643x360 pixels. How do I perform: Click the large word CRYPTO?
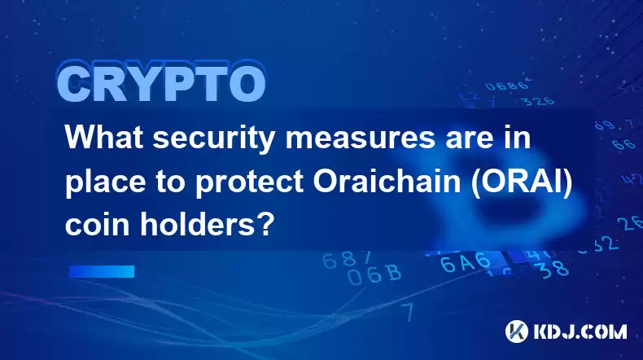(x=161, y=83)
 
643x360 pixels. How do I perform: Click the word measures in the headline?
(x=361, y=138)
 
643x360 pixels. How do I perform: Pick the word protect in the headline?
(x=249, y=184)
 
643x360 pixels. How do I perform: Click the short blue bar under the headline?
(x=102, y=271)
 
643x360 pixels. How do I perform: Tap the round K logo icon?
(x=516, y=331)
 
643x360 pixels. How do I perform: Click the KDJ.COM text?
(x=580, y=331)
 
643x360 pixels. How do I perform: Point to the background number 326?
(x=537, y=100)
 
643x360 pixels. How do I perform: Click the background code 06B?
(x=374, y=274)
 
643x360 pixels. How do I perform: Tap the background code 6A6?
(x=466, y=262)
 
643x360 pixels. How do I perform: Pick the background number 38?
(x=553, y=269)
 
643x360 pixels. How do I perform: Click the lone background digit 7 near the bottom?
(x=408, y=313)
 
